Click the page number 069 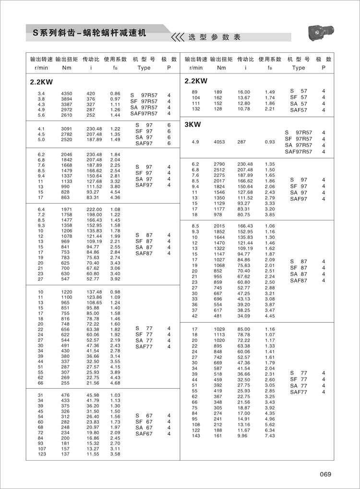[325, 475]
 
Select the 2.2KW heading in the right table [196, 81]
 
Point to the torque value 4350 [67, 93]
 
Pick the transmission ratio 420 [91, 93]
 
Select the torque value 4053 [219, 142]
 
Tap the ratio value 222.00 [94, 209]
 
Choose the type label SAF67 [144, 434]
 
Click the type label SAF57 [298, 110]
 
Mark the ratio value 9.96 [242, 436]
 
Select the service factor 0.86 [115, 93]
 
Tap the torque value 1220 [67, 292]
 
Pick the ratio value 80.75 [244, 215]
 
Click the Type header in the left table [144, 68]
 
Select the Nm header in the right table [221, 68]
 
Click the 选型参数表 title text [214, 37]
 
